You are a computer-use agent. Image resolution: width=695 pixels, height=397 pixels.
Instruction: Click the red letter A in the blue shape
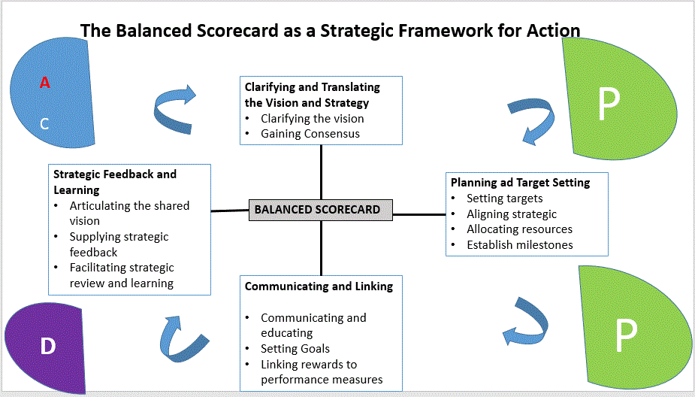45,83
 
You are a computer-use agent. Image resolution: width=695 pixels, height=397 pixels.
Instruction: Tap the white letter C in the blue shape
44,124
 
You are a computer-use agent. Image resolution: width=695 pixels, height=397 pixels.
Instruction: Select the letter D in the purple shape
47,346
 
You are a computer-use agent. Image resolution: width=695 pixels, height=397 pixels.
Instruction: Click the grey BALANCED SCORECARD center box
321,210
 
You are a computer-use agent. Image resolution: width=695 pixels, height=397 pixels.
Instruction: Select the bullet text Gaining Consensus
310,134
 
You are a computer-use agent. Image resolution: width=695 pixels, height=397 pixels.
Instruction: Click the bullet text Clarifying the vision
312,118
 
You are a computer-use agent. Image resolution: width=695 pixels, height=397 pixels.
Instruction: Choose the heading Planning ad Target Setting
520,182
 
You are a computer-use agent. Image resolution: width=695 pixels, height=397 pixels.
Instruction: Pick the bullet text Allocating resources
519,229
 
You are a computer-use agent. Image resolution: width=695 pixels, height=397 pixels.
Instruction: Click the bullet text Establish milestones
519,244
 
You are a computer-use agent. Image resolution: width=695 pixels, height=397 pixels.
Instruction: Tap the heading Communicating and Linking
319,286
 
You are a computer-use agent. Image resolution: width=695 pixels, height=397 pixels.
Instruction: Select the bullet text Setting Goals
295,349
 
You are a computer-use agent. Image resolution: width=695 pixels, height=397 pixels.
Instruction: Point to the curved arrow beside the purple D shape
178,337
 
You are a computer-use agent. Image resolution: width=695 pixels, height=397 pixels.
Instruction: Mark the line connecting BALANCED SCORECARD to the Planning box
419,214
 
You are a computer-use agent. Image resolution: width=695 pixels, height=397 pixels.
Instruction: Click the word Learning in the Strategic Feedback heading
77,190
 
